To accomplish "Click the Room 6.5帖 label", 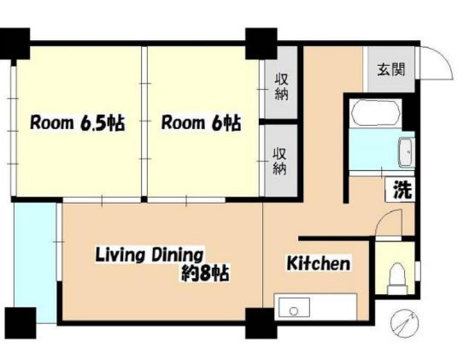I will pyautogui.click(x=78, y=123).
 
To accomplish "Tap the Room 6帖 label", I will pyautogui.click(x=201, y=123).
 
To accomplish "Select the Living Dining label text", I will pyautogui.click(x=149, y=254).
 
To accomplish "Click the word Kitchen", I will pyautogui.click(x=318, y=263).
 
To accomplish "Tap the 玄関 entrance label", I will pyautogui.click(x=390, y=69).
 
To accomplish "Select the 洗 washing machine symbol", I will pyautogui.click(x=402, y=190).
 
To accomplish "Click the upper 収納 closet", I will pyautogui.click(x=280, y=86).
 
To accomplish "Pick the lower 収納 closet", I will pyautogui.click(x=280, y=160).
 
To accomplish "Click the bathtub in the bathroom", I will pyautogui.click(x=375, y=114).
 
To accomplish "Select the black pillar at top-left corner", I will pyautogui.click(x=16, y=40).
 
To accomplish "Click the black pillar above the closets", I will pyautogui.click(x=257, y=39).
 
